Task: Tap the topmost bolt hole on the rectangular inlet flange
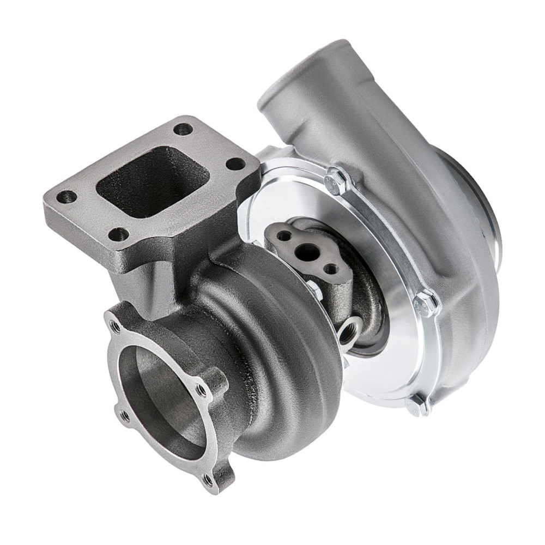184,130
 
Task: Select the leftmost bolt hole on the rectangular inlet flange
69,197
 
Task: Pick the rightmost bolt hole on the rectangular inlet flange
235,164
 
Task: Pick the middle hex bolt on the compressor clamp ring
425,304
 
